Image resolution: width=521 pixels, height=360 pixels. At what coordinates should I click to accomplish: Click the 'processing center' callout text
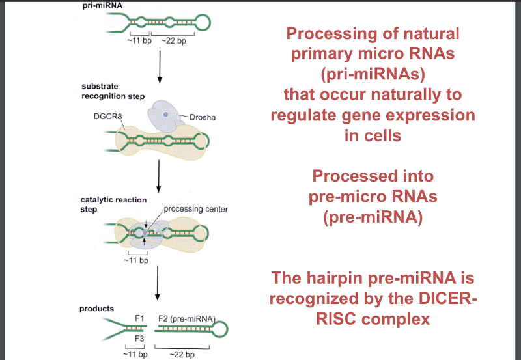(195, 209)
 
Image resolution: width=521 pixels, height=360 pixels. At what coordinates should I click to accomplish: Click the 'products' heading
(96, 308)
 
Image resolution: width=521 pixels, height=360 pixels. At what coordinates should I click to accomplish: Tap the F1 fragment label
(139, 318)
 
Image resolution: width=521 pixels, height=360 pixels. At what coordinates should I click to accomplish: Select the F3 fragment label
(139, 339)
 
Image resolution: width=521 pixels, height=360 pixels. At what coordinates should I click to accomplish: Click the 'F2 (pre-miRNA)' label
(187, 318)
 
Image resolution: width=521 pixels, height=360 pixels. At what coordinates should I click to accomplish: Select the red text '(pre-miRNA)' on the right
(373, 215)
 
